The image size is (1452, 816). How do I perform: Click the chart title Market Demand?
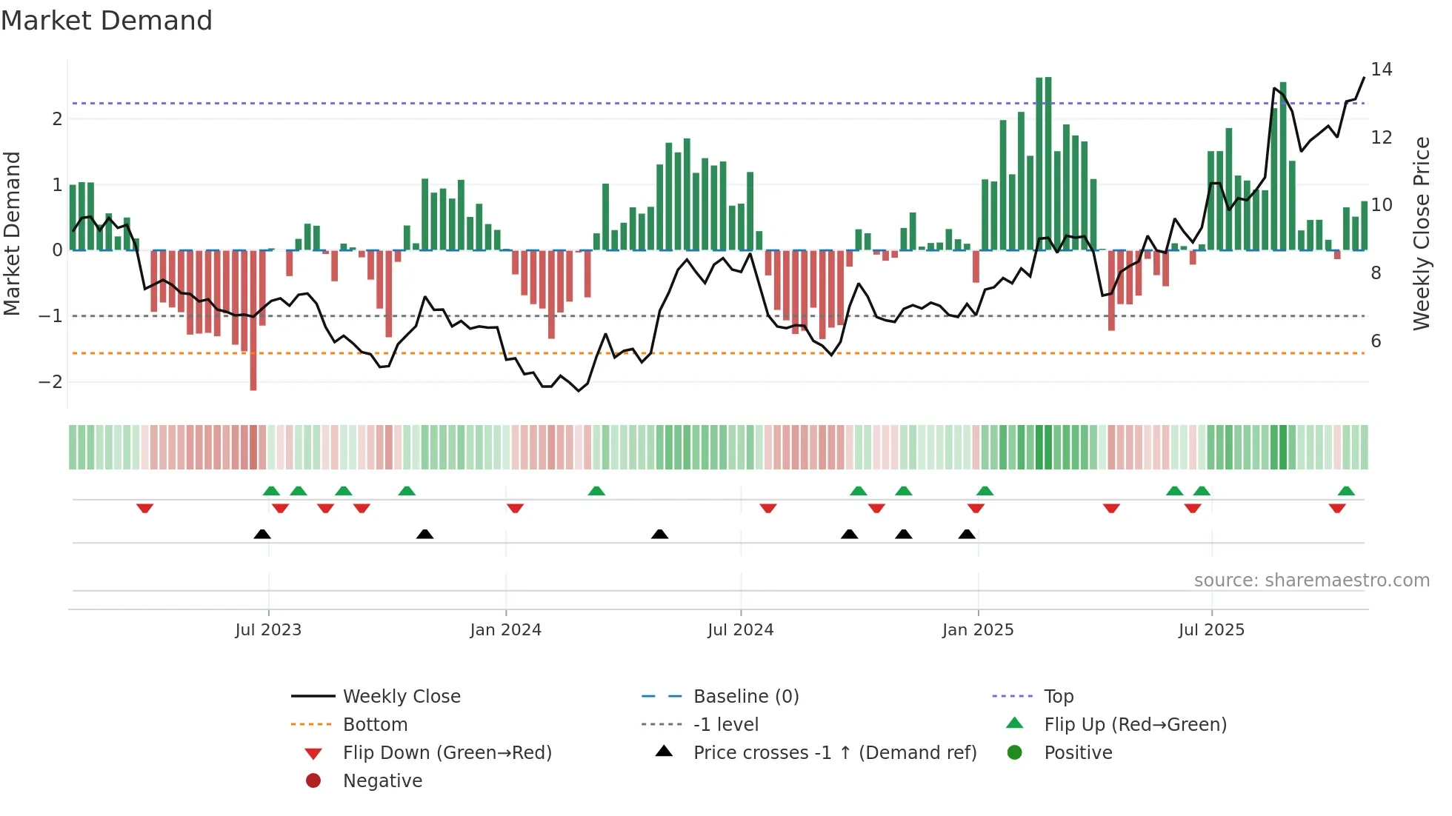click(107, 21)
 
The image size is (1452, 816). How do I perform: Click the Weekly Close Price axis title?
click(1421, 233)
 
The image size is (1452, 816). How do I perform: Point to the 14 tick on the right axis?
click(1381, 70)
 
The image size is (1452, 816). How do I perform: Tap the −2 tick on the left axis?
click(51, 382)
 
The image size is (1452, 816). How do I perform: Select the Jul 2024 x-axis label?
click(740, 630)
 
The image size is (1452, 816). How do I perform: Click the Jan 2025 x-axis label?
click(977, 630)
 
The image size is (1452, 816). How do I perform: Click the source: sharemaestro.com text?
click(1311, 581)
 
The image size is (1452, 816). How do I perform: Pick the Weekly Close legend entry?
click(401, 697)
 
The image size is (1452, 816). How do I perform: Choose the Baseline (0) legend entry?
click(745, 697)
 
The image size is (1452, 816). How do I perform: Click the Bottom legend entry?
click(375, 725)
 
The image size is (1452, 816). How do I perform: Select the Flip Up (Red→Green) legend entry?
click(1135, 725)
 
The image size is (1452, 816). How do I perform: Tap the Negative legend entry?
click(382, 781)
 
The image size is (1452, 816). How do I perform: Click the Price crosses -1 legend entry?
click(834, 753)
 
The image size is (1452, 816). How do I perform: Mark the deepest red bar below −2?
click(253, 385)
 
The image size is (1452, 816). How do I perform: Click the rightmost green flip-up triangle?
click(1346, 491)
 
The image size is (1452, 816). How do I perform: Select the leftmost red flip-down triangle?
click(145, 508)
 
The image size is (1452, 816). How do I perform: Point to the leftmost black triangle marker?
click(262, 534)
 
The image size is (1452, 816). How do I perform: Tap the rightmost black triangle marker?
click(967, 534)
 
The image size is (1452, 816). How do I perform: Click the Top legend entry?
click(1058, 697)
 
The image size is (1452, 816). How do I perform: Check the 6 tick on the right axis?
click(1376, 341)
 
